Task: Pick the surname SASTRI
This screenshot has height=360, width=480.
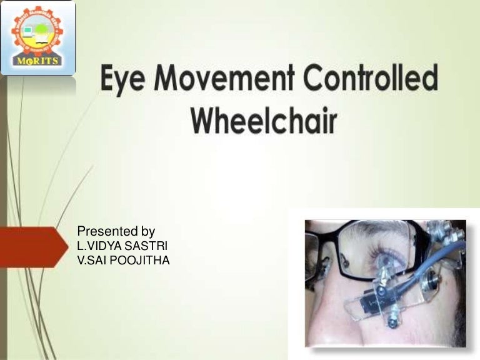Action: coord(146,246)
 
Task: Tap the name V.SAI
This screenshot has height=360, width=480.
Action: coord(92,260)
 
